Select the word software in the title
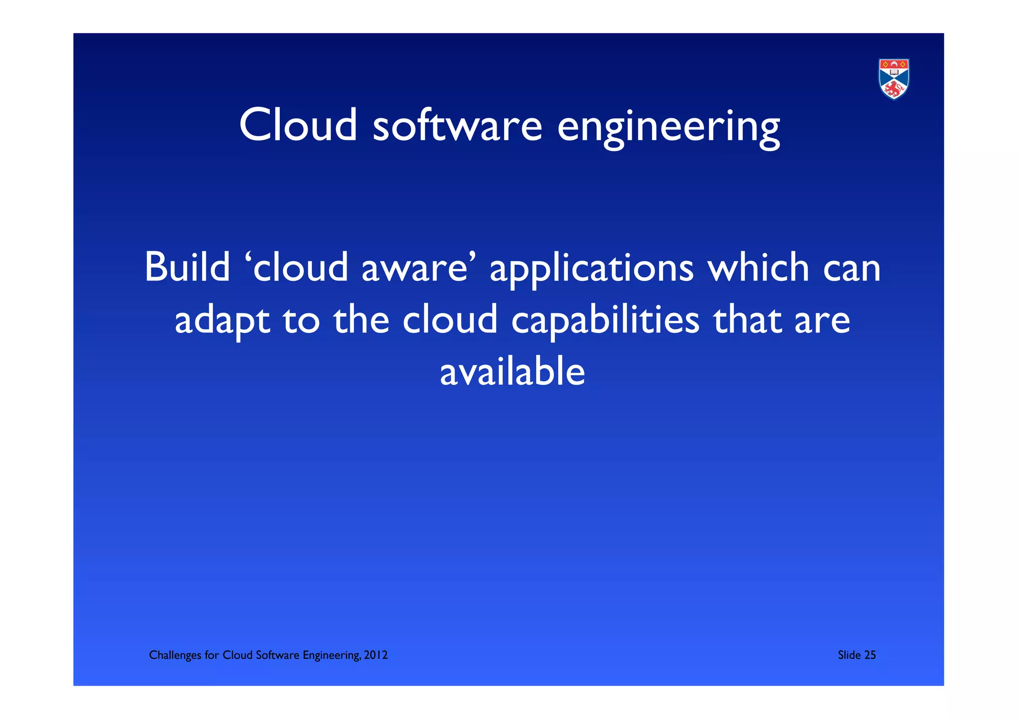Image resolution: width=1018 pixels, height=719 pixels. click(x=457, y=125)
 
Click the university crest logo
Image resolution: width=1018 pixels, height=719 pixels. click(x=893, y=79)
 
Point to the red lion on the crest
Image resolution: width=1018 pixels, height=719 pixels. click(x=893, y=90)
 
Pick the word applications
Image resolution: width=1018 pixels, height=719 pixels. click(x=592, y=271)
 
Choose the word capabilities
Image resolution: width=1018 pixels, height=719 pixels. click(x=605, y=322)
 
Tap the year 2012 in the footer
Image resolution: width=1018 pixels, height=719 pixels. click(x=375, y=655)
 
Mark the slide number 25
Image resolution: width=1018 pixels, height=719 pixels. click(x=870, y=655)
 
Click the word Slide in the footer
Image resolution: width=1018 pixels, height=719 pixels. click(x=849, y=655)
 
